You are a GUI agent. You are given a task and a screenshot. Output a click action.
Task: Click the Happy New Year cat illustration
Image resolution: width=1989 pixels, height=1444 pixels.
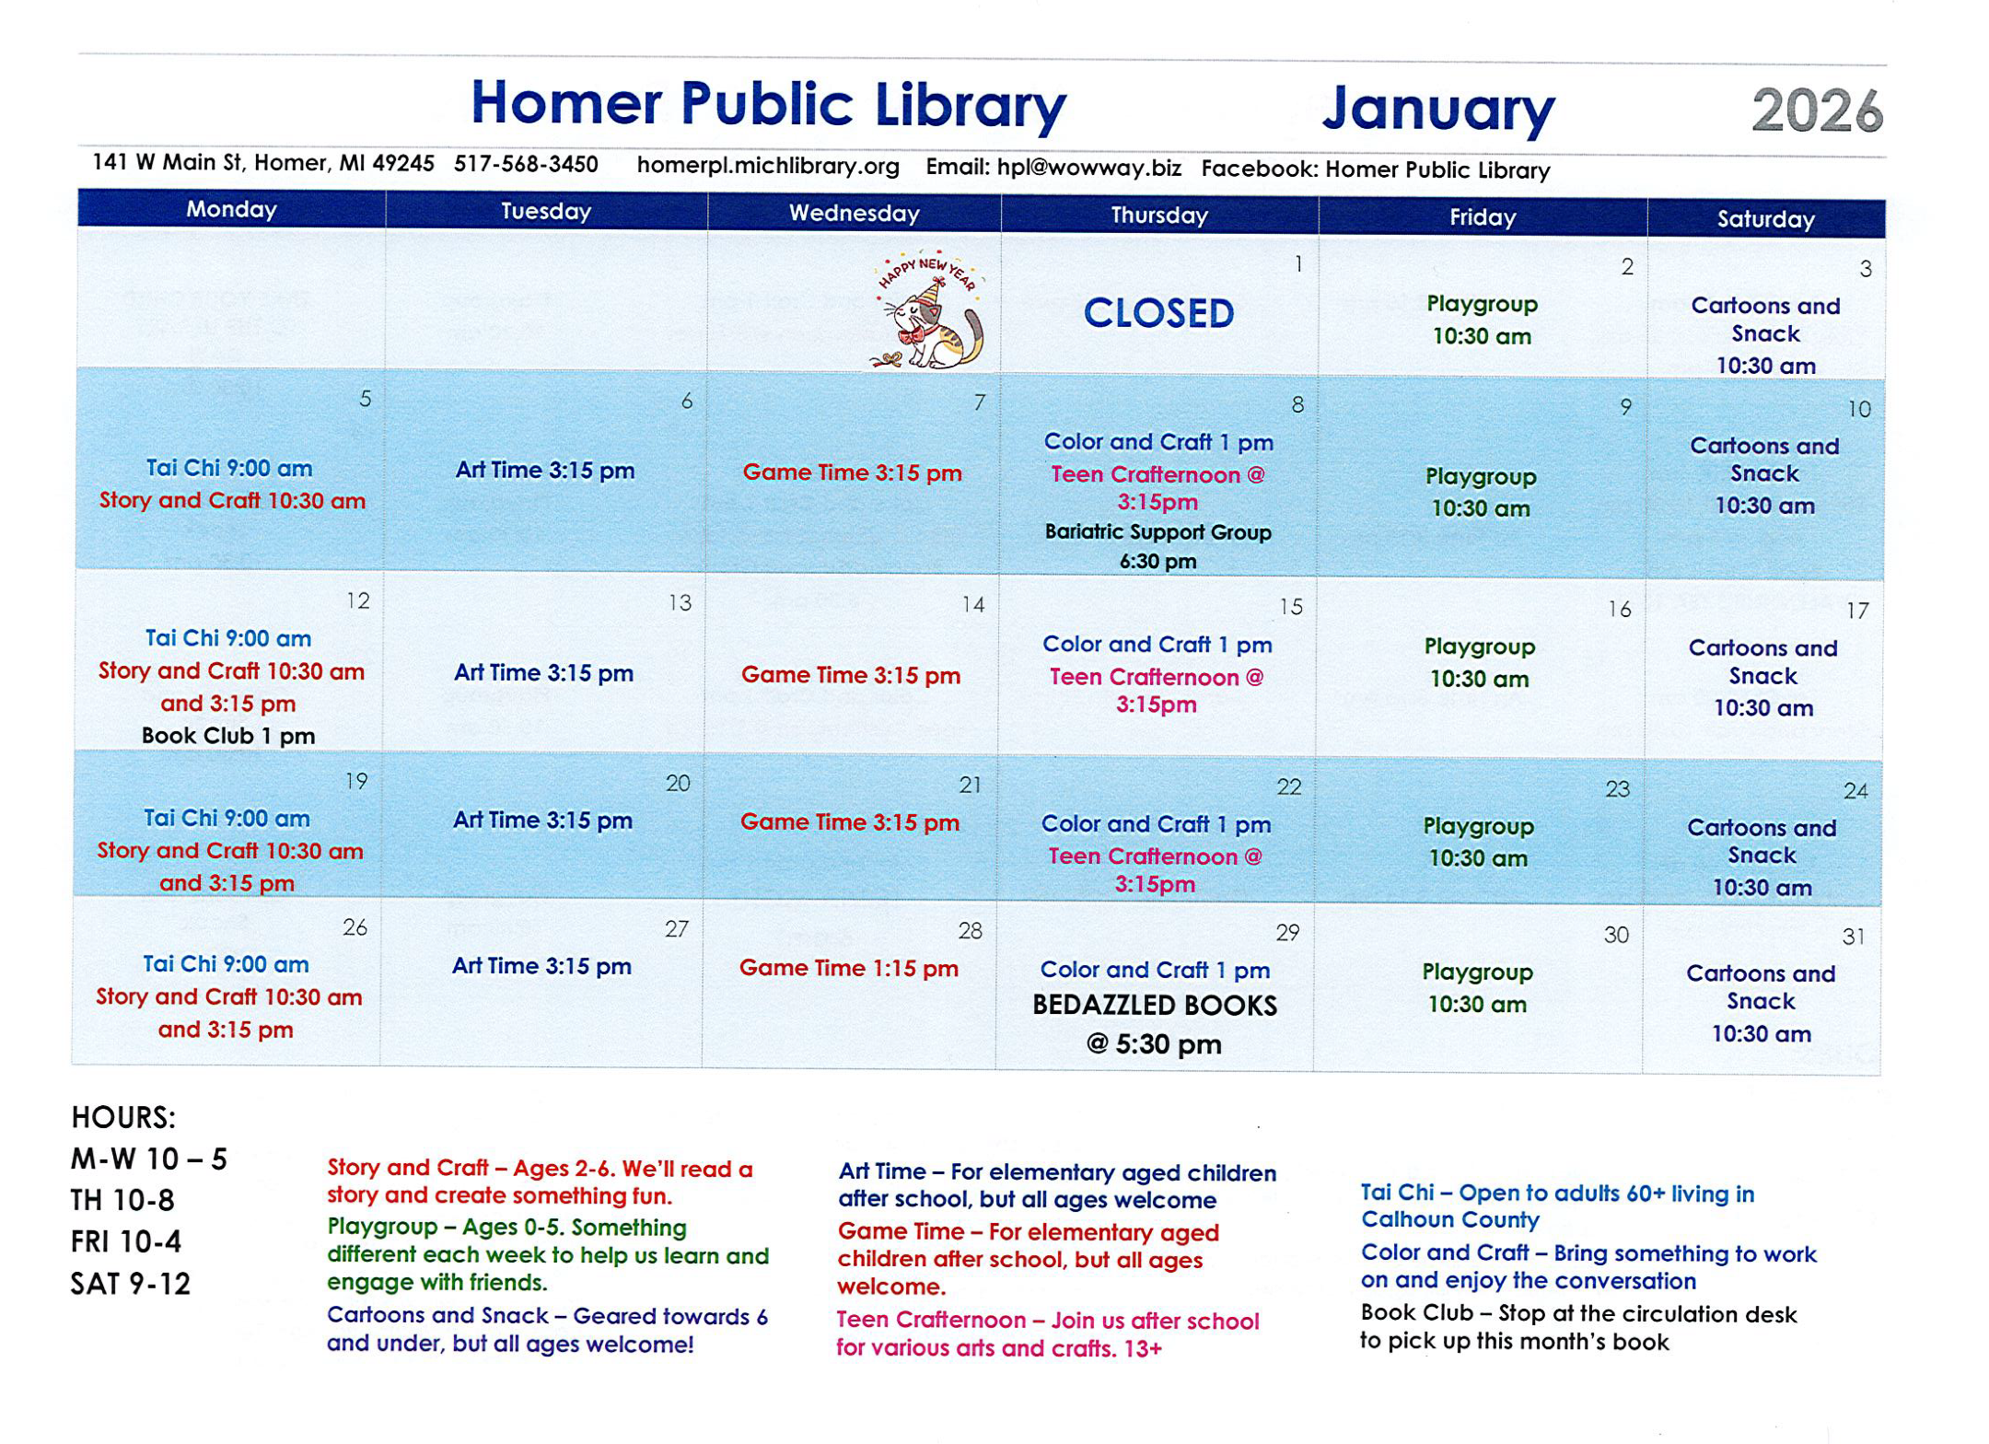[x=928, y=310]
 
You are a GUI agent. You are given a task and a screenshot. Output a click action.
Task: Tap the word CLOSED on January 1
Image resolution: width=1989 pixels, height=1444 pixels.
[x=1158, y=313]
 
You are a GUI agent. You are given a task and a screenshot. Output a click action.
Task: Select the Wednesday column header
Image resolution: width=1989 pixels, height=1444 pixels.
[x=854, y=214]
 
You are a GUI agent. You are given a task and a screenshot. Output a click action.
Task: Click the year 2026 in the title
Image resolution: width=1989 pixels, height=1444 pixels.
[x=1817, y=111]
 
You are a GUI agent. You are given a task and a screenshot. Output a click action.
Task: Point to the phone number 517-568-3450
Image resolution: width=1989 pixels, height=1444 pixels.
[x=526, y=165]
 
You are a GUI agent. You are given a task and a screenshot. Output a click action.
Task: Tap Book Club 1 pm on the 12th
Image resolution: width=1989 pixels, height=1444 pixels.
[x=228, y=736]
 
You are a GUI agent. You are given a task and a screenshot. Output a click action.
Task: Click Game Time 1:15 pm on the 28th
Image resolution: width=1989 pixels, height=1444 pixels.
[x=848, y=968]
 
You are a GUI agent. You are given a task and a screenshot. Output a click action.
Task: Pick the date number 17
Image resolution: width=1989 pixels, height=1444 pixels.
[x=1857, y=611]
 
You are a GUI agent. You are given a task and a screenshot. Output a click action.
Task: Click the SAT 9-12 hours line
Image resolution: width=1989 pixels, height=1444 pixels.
[x=131, y=1284]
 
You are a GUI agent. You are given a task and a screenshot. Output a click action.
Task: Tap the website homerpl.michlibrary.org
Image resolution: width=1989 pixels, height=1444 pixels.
[x=768, y=166]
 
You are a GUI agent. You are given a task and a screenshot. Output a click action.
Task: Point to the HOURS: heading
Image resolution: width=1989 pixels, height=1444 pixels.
[x=123, y=1118]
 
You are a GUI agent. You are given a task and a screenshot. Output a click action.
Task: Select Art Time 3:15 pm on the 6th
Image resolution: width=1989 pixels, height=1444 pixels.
[x=545, y=471]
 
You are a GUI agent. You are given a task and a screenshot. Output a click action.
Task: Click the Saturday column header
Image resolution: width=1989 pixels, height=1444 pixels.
[x=1765, y=219]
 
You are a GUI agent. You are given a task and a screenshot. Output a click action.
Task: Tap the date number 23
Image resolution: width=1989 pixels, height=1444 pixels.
[x=1618, y=789]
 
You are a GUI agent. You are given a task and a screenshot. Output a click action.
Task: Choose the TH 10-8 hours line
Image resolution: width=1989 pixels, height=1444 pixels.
[x=122, y=1201]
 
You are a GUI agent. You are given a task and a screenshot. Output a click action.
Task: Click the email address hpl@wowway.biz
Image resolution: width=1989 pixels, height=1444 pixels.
[x=1088, y=168]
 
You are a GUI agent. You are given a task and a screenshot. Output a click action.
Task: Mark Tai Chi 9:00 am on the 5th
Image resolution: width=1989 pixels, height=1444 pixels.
[x=229, y=468]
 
